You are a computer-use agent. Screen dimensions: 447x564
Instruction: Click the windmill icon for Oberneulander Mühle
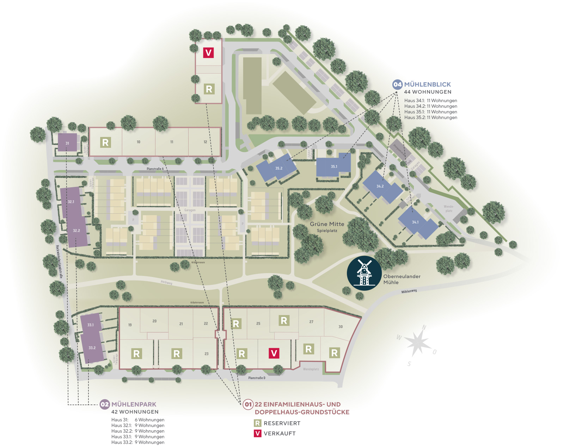[364, 273]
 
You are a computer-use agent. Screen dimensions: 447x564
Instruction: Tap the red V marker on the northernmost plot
[208, 53]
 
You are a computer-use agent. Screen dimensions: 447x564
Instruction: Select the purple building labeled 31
[67, 143]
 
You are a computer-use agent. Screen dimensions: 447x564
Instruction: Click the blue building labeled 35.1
[333, 166]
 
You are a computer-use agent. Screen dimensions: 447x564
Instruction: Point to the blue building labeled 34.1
[415, 222]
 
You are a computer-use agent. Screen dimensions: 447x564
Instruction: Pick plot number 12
[205, 142]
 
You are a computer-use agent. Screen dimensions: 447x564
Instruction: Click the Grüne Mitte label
[327, 224]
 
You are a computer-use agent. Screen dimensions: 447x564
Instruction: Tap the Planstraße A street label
[155, 169]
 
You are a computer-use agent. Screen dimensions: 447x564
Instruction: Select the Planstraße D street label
[257, 378]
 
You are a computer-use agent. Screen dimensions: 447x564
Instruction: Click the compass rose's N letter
[424, 327]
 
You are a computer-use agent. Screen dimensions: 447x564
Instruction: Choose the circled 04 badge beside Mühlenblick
[397, 84]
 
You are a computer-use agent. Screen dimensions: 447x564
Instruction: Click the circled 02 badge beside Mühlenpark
[105, 404]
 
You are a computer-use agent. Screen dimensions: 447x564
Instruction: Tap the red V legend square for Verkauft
[258, 433]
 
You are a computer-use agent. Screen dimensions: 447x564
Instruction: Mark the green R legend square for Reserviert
[258, 423]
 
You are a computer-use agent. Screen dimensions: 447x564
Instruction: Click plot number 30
[341, 327]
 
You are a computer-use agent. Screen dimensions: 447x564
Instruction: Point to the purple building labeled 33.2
[92, 348]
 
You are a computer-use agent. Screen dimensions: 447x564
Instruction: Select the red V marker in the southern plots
[274, 353]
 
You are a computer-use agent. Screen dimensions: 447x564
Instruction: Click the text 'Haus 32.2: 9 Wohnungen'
[138, 431]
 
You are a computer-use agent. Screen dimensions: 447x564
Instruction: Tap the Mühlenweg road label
[409, 291]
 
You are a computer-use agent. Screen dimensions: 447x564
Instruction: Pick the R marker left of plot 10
[105, 142]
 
